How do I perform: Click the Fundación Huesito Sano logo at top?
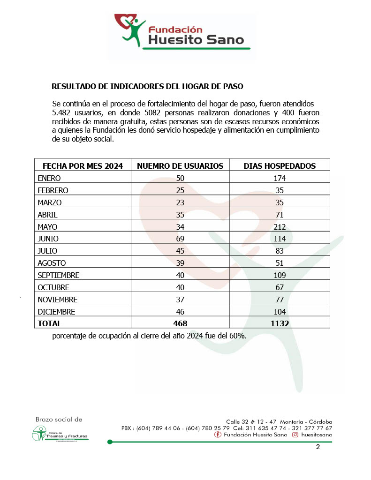click(x=182, y=32)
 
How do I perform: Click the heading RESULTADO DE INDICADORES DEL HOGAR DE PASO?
click(x=147, y=86)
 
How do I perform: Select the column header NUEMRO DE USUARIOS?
click(x=180, y=166)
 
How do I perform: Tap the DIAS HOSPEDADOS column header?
click(x=280, y=166)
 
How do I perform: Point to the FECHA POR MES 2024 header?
click(x=83, y=166)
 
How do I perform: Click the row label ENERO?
click(x=49, y=178)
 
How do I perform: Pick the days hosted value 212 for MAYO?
click(x=280, y=227)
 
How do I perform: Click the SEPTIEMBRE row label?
click(x=59, y=275)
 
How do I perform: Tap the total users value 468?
click(x=180, y=323)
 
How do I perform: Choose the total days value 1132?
click(x=280, y=323)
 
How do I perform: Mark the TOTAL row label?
click(x=49, y=323)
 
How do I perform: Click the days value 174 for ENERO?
click(x=280, y=178)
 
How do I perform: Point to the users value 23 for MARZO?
click(x=180, y=202)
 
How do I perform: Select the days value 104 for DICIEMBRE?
click(x=280, y=311)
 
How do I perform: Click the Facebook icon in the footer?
click(x=218, y=435)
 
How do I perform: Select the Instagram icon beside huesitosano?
click(x=295, y=435)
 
